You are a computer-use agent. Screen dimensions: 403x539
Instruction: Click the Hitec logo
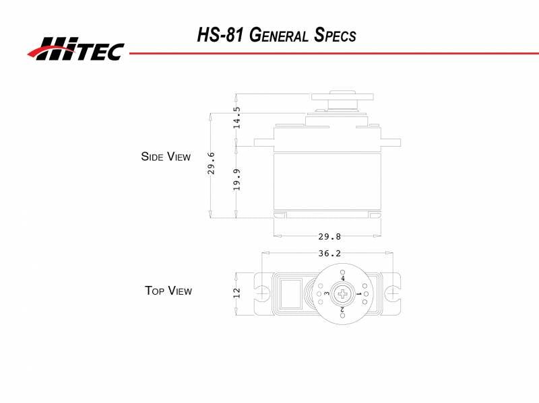point(75,48)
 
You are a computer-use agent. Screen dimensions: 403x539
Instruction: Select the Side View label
point(166,157)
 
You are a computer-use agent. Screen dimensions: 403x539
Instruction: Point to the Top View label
point(168,291)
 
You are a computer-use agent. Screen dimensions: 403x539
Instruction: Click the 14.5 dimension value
point(237,118)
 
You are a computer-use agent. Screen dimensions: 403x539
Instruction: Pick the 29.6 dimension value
point(211,163)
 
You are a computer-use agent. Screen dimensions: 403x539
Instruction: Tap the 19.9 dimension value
point(237,180)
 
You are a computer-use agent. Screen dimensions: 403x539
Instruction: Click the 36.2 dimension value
point(329,254)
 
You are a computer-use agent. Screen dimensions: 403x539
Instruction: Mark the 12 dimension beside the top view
point(236,294)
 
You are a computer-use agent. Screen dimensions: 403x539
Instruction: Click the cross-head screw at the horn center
point(344,293)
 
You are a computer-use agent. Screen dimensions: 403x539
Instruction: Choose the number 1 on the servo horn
point(358,294)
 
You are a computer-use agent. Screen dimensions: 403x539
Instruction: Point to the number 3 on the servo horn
point(327,294)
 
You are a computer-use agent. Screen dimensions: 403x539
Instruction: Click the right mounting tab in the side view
point(390,142)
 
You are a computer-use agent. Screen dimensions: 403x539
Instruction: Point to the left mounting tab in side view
point(264,142)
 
